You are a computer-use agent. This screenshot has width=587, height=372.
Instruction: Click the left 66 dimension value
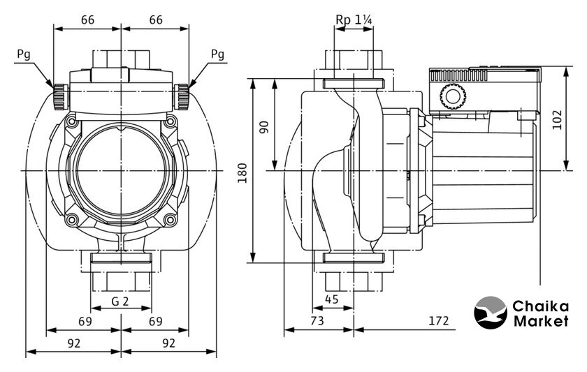(87, 20)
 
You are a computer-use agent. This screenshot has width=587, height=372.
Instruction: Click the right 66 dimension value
(155, 20)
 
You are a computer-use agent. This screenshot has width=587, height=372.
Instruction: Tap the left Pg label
(23, 54)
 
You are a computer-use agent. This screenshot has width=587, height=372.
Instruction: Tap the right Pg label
(217, 54)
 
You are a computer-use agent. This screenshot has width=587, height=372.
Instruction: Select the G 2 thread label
(121, 302)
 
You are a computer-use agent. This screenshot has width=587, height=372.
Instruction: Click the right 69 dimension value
(155, 322)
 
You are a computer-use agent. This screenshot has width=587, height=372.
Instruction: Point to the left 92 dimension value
(73, 343)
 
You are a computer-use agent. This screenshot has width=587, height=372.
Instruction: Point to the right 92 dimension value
(168, 343)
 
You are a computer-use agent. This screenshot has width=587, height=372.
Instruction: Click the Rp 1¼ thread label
(353, 21)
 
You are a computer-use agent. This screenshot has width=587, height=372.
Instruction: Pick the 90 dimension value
(264, 127)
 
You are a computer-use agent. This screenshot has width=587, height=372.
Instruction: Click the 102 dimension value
(556, 119)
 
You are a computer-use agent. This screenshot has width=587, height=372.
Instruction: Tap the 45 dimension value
(333, 300)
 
